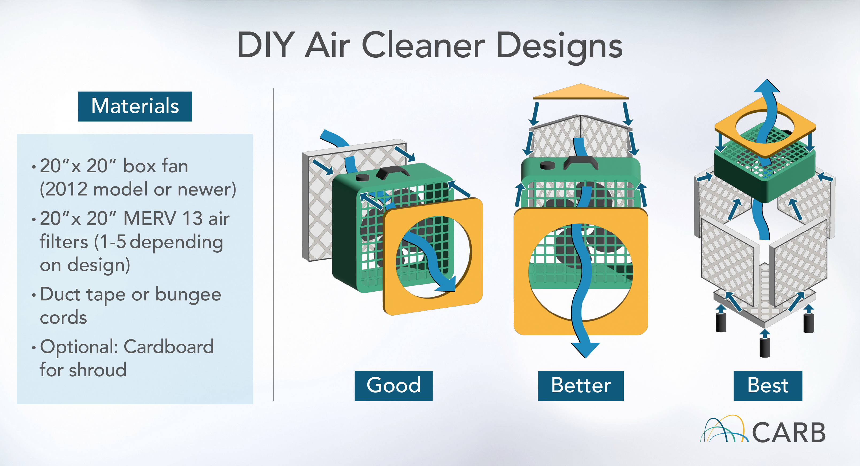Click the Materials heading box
coord(135,106)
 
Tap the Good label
coord(393,386)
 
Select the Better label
coord(581,386)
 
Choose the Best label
coord(768,386)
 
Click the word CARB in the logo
coord(789,432)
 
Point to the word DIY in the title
coord(266,45)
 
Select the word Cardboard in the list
coord(169,347)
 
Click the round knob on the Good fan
coord(362,177)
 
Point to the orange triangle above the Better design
coord(581,92)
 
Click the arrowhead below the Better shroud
coord(585,350)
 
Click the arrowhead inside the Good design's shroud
coord(445,284)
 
